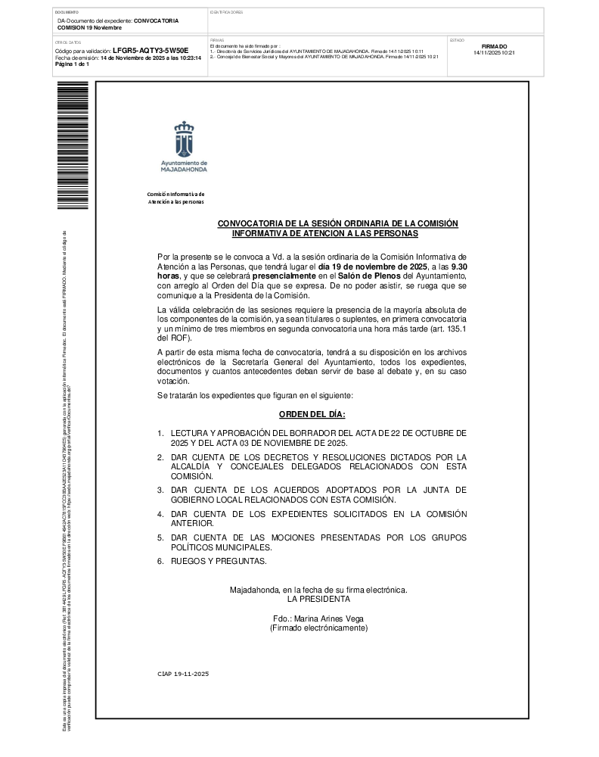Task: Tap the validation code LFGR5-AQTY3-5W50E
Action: pos(150,50)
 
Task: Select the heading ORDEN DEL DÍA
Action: pos(312,415)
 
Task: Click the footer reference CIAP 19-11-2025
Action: pos(183,674)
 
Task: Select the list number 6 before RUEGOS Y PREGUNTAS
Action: pos(160,561)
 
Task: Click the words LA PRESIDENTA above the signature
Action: pos(318,599)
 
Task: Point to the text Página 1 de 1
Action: pos(72,64)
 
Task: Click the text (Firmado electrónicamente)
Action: pos(318,628)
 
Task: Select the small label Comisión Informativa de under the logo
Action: pos(175,195)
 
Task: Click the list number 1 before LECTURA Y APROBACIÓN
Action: pos(160,433)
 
